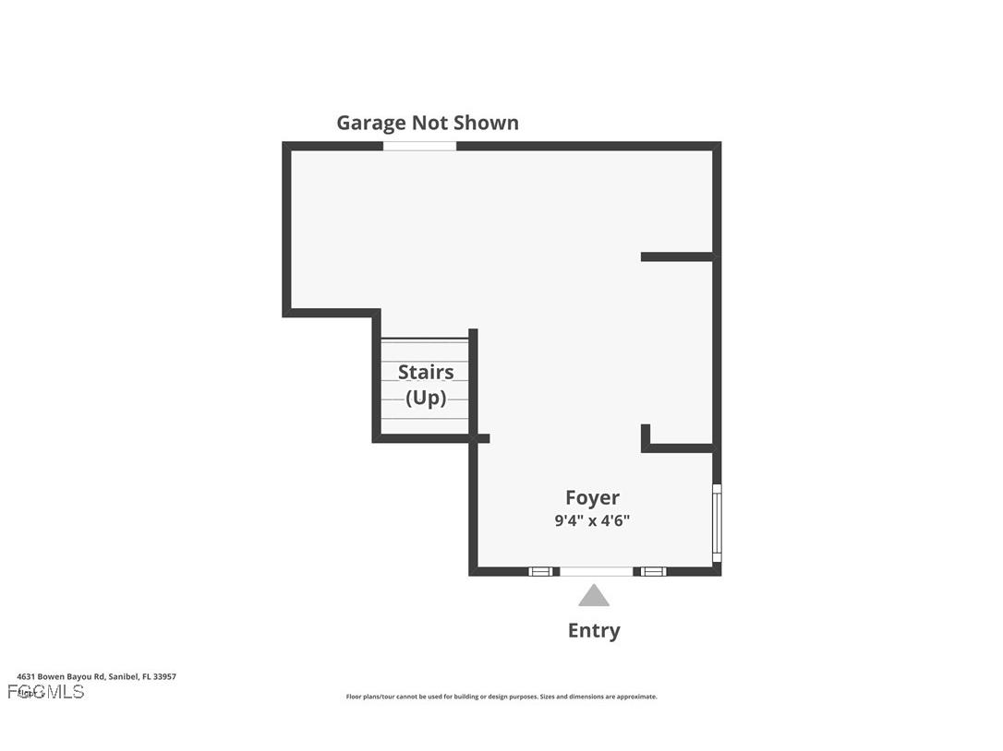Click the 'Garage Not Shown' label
tap(427, 123)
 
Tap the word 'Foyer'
tap(592, 498)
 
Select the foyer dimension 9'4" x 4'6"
tap(592, 520)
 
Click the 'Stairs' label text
tap(426, 372)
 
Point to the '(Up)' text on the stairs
tap(426, 399)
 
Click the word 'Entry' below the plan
tap(593, 630)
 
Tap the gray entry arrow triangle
tap(594, 596)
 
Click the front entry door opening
tap(597, 572)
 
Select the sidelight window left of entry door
tap(541, 572)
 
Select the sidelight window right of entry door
tap(654, 572)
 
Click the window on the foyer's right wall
tap(717, 523)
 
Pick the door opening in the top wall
tap(419, 146)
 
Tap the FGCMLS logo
tap(46, 691)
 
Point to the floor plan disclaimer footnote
tap(501, 697)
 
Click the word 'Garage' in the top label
tap(370, 123)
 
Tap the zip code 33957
tap(164, 676)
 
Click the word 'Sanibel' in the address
tap(123, 676)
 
